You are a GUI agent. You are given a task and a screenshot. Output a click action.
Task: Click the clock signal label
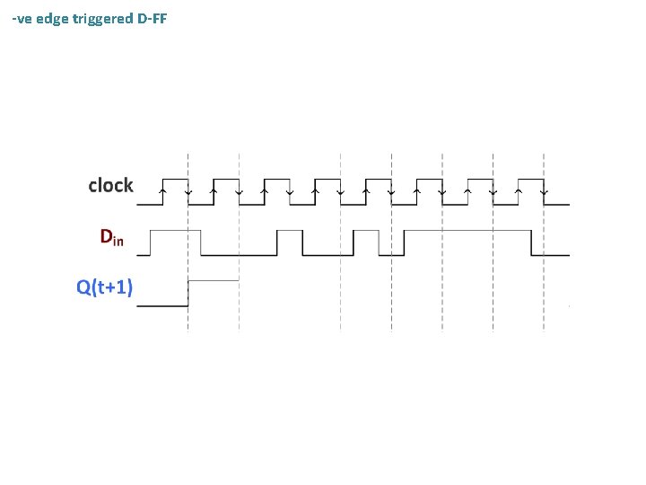[110, 186]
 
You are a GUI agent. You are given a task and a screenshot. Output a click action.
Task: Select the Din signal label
[111, 238]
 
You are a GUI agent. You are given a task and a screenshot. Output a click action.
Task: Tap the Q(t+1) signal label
[105, 287]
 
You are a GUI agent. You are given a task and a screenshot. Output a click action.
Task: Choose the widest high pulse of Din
[468, 231]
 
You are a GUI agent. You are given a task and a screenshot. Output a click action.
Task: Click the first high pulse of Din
[176, 231]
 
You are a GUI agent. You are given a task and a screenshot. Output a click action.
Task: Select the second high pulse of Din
[290, 231]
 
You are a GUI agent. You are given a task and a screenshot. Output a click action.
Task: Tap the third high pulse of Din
[367, 231]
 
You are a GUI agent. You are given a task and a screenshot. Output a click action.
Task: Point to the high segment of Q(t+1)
[214, 281]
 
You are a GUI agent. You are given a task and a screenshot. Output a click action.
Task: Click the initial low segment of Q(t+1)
[161, 306]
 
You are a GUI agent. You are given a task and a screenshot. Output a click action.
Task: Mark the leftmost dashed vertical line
[188, 242]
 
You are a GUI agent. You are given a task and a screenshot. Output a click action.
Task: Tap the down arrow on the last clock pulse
[545, 190]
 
